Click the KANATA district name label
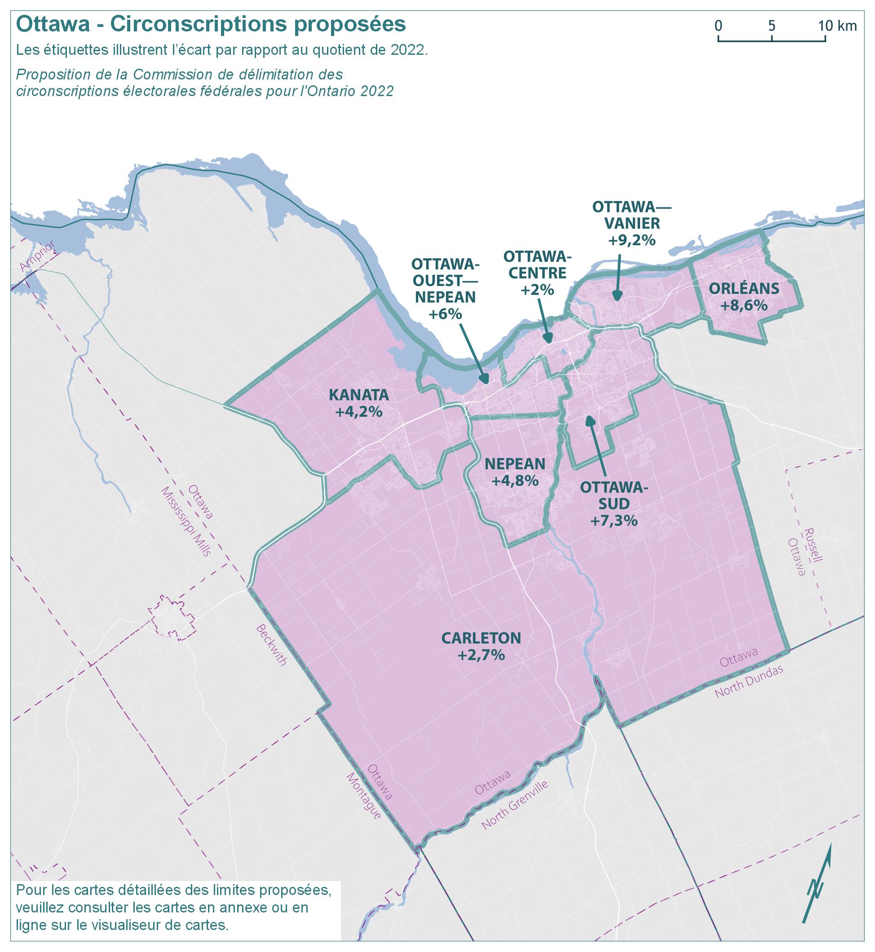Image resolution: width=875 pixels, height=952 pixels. [x=358, y=395]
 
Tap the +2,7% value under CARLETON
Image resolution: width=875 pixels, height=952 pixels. [x=481, y=655]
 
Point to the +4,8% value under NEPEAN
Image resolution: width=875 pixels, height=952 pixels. [x=515, y=481]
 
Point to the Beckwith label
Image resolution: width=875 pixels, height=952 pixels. [x=271, y=645]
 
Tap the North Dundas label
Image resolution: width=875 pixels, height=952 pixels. [x=749, y=682]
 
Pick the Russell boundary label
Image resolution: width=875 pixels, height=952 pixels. [x=814, y=544]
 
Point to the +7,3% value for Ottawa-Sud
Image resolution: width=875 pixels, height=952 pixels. [x=613, y=521]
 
